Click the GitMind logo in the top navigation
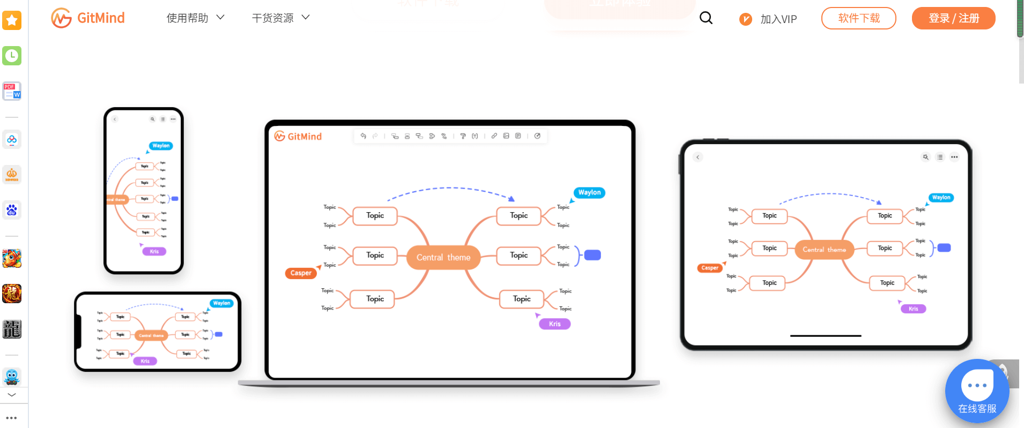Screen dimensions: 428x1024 pyautogui.click(x=88, y=18)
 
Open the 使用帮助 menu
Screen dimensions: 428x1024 pyautogui.click(x=195, y=18)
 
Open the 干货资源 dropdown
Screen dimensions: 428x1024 pyautogui.click(x=280, y=18)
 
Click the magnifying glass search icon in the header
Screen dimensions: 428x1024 pyautogui.click(x=706, y=18)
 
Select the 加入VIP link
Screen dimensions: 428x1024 pyautogui.click(x=768, y=19)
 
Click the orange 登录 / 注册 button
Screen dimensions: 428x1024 pyautogui.click(x=953, y=18)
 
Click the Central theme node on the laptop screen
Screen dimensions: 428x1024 pyautogui.click(x=443, y=258)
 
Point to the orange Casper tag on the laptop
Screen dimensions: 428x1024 pyautogui.click(x=301, y=273)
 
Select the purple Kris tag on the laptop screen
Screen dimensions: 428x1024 pyautogui.click(x=554, y=324)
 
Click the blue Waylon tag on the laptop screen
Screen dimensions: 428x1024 pyautogui.click(x=589, y=193)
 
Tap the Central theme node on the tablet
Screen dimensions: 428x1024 pyautogui.click(x=824, y=250)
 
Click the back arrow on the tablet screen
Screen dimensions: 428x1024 pyautogui.click(x=697, y=157)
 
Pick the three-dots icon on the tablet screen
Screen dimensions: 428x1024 pyautogui.click(x=954, y=157)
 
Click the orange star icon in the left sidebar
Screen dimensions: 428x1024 pyautogui.click(x=12, y=21)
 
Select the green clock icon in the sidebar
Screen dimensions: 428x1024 pyautogui.click(x=12, y=56)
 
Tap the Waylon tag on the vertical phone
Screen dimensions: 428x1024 pyautogui.click(x=161, y=146)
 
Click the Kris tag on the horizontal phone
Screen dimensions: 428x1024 pyautogui.click(x=145, y=361)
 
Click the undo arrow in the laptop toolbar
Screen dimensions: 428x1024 pyautogui.click(x=363, y=136)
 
